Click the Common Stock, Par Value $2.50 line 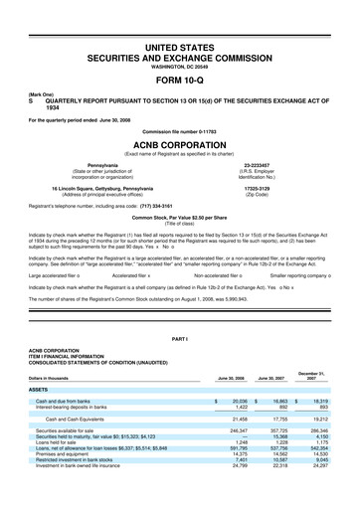(x=179, y=216)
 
